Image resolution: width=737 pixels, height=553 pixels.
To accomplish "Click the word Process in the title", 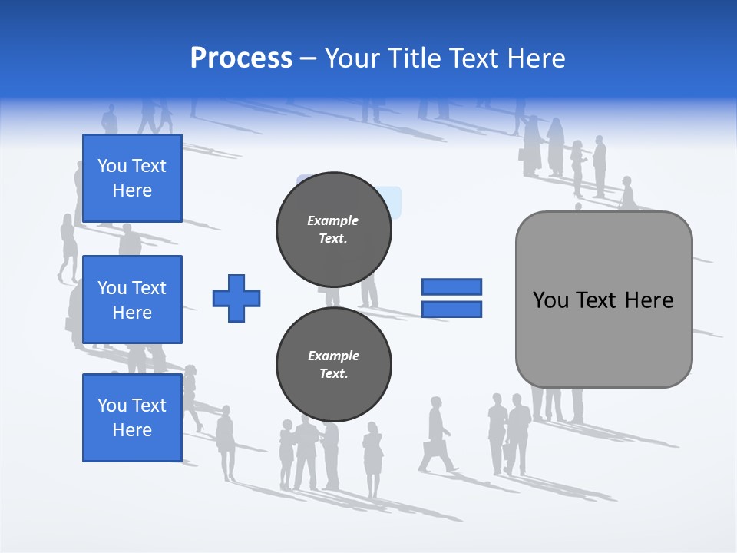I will [x=241, y=58].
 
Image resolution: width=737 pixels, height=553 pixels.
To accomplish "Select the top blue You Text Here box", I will [x=132, y=178].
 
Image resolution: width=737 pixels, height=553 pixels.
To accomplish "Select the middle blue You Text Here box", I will [x=132, y=300].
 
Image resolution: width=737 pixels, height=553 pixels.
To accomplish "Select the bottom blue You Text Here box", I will [x=132, y=418].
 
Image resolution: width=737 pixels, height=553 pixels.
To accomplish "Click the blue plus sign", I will [x=236, y=298].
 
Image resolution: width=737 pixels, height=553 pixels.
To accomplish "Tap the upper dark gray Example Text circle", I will [x=333, y=230].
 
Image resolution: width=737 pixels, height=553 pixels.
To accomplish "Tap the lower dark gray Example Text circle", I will [x=333, y=365].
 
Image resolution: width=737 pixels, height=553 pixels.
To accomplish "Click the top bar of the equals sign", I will [x=451, y=286].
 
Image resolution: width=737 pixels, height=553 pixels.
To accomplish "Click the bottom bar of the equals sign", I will [x=451, y=310].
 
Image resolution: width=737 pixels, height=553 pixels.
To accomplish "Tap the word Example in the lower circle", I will [x=333, y=356].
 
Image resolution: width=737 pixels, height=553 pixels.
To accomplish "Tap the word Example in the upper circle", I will [x=333, y=221].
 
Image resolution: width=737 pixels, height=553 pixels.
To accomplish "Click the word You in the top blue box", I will [x=111, y=166].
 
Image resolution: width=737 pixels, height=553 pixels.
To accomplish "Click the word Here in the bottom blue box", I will [x=132, y=430].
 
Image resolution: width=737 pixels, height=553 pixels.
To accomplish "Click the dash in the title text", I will [x=309, y=58].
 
